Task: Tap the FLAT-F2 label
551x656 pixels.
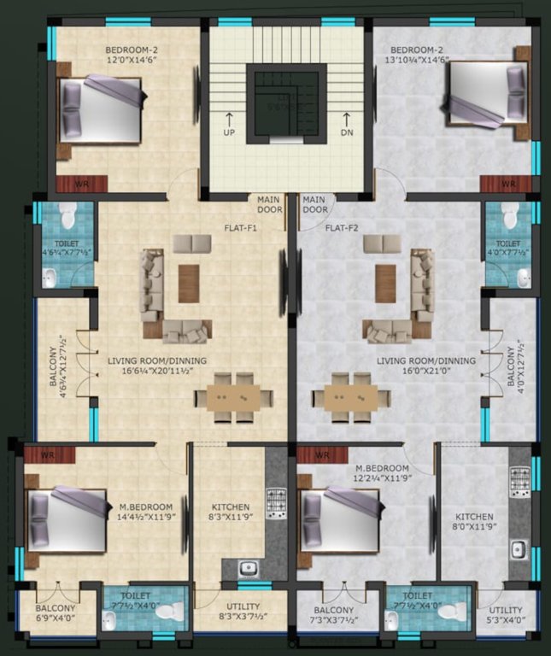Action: (x=340, y=229)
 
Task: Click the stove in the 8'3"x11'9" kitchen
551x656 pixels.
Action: (x=275, y=503)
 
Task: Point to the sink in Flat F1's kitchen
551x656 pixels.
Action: (x=246, y=568)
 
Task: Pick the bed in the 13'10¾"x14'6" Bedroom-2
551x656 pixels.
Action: (x=484, y=96)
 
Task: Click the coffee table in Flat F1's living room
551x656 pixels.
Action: (x=188, y=283)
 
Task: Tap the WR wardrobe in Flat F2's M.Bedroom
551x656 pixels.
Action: (x=321, y=454)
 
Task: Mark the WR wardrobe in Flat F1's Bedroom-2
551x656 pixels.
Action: (x=82, y=183)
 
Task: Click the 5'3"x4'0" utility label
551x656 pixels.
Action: (x=509, y=614)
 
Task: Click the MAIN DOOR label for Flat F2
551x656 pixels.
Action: (x=314, y=204)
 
